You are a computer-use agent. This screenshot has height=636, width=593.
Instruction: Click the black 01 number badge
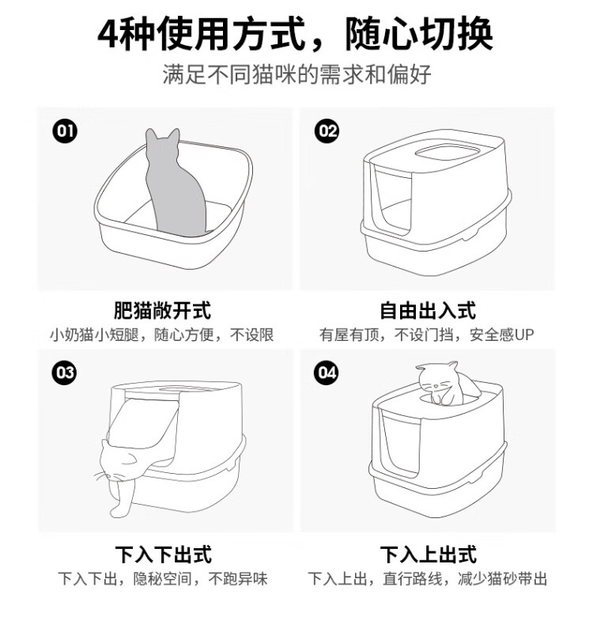(65, 131)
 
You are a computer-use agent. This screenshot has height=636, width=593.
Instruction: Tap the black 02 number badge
(327, 131)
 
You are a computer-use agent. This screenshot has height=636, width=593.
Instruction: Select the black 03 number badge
(65, 373)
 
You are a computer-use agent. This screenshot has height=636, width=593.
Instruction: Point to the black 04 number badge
(327, 373)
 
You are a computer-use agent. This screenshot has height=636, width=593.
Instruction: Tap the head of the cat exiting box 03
(118, 460)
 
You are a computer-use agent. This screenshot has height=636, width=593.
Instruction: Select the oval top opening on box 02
(447, 153)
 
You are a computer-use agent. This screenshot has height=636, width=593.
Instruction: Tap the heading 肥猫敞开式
(162, 311)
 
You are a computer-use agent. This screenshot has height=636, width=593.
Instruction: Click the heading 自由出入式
(427, 311)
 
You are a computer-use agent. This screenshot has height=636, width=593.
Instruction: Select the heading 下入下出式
(164, 555)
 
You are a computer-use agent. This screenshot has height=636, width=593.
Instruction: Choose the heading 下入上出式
(428, 555)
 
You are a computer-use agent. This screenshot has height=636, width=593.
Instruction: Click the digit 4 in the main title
(109, 34)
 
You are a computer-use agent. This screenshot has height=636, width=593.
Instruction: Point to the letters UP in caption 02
(524, 335)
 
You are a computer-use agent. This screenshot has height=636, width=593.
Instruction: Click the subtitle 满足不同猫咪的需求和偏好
(296, 74)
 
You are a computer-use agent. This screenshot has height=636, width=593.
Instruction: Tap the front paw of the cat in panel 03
(116, 512)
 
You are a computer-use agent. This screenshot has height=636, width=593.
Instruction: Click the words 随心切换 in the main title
(419, 34)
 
